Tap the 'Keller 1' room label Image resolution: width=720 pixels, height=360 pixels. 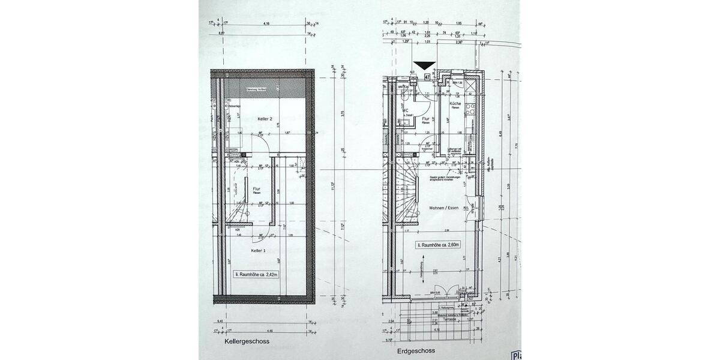coord(259,250)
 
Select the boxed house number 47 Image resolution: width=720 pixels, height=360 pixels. coord(427,77)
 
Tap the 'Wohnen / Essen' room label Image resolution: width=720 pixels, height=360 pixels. coord(443,208)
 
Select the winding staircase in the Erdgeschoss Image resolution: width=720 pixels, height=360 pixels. coord(407,192)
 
